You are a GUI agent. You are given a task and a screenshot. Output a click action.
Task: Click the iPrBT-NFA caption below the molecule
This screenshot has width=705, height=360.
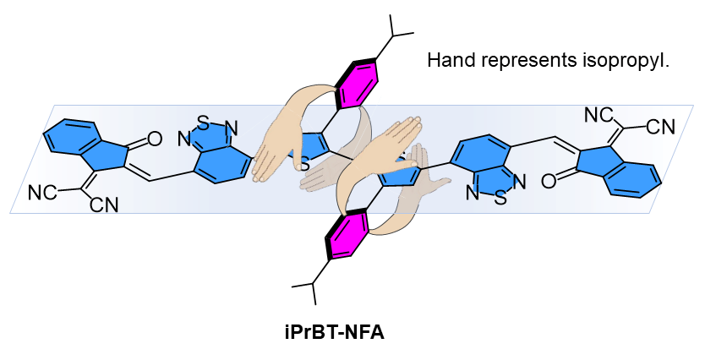coord(334,331)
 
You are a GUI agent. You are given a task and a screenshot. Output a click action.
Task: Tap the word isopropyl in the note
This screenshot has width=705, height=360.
coord(626,62)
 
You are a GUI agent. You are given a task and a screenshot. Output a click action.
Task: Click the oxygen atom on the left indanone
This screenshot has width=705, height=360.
coord(153,136)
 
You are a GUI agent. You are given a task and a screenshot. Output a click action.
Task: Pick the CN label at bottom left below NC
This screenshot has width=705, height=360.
coord(104,205)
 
